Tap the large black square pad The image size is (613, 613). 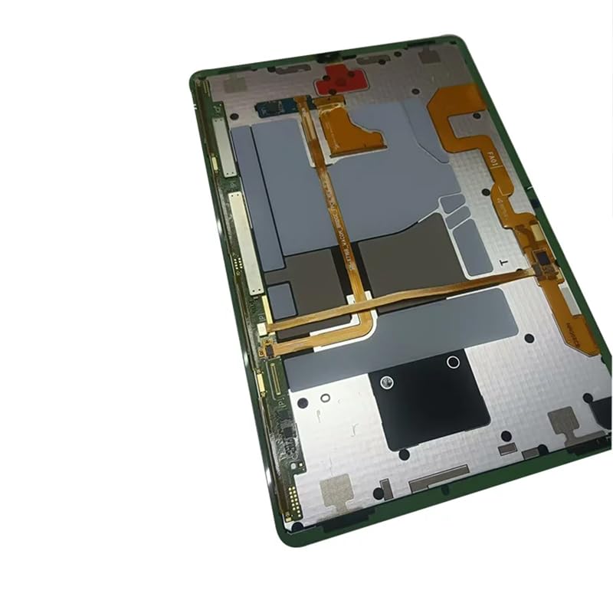pos(430,401)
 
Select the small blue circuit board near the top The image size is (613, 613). pos(277,107)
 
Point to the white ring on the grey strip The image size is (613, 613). pos(453,361)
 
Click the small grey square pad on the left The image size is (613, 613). pos(280,301)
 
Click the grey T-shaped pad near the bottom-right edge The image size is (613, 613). pos(565,421)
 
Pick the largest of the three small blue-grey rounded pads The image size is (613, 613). pos(473,246)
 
